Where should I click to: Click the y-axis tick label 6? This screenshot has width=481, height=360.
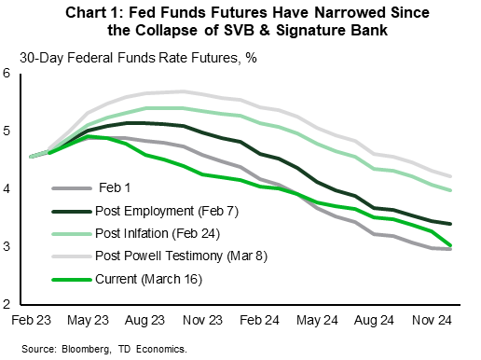click(7, 74)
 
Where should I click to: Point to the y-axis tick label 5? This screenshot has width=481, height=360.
click(7, 132)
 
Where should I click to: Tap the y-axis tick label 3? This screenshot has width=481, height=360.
click(7, 247)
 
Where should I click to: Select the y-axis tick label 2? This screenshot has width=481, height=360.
click(7, 305)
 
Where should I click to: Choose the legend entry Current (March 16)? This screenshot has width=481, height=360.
click(149, 279)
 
